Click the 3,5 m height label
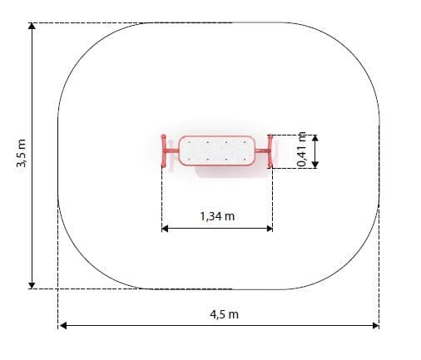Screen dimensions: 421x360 coord(22,153)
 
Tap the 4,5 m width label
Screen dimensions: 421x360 coord(224,314)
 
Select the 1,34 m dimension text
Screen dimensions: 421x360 coord(217,216)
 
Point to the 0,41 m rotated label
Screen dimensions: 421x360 coord(301,149)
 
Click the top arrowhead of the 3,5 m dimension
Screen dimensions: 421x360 coord(32,26)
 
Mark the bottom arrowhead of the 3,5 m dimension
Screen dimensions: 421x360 coord(32,285)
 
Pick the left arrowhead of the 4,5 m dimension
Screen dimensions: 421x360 coord(63,325)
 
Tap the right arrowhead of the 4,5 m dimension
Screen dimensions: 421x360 coord(375,325)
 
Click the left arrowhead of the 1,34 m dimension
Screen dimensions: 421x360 coord(165,229)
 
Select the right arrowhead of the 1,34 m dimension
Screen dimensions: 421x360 coord(270,229)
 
